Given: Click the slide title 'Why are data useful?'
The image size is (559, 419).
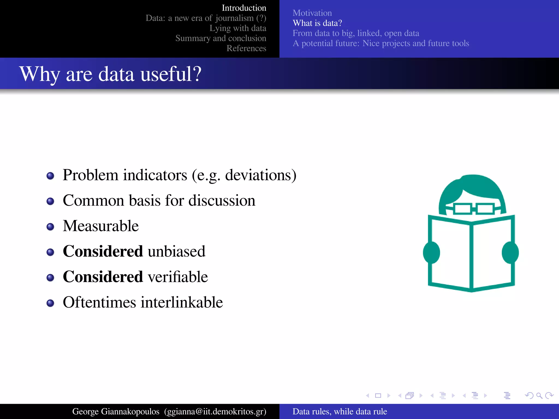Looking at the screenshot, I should (x=110, y=74).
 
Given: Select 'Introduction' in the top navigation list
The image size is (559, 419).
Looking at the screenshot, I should (x=244, y=8).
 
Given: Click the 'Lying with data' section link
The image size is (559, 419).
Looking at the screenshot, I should (x=237, y=28).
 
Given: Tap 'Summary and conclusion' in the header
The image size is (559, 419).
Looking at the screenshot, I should (x=221, y=38).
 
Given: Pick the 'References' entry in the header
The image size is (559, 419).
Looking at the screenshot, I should (x=246, y=48).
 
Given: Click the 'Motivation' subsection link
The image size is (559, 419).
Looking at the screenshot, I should (x=312, y=13).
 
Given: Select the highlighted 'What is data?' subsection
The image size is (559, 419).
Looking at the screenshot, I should (x=317, y=23).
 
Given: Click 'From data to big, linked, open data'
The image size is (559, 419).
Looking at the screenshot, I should (x=356, y=33).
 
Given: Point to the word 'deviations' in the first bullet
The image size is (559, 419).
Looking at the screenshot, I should (x=258, y=175).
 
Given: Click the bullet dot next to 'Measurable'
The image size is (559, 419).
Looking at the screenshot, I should (x=50, y=227).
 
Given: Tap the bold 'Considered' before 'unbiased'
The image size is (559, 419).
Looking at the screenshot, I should (x=103, y=251).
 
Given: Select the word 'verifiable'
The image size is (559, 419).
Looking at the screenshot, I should (x=178, y=277).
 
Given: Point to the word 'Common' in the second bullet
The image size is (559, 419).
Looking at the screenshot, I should (x=93, y=200).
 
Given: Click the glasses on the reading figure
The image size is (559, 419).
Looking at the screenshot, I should (x=474, y=209).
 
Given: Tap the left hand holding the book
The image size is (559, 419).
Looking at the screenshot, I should (x=431, y=253).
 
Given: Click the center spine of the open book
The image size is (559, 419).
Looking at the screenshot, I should (x=471, y=256).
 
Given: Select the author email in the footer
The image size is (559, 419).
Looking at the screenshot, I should (x=215, y=411).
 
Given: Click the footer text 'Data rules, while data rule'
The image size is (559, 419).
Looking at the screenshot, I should (x=340, y=411).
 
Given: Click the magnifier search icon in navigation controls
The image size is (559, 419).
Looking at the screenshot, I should (x=539, y=396).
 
